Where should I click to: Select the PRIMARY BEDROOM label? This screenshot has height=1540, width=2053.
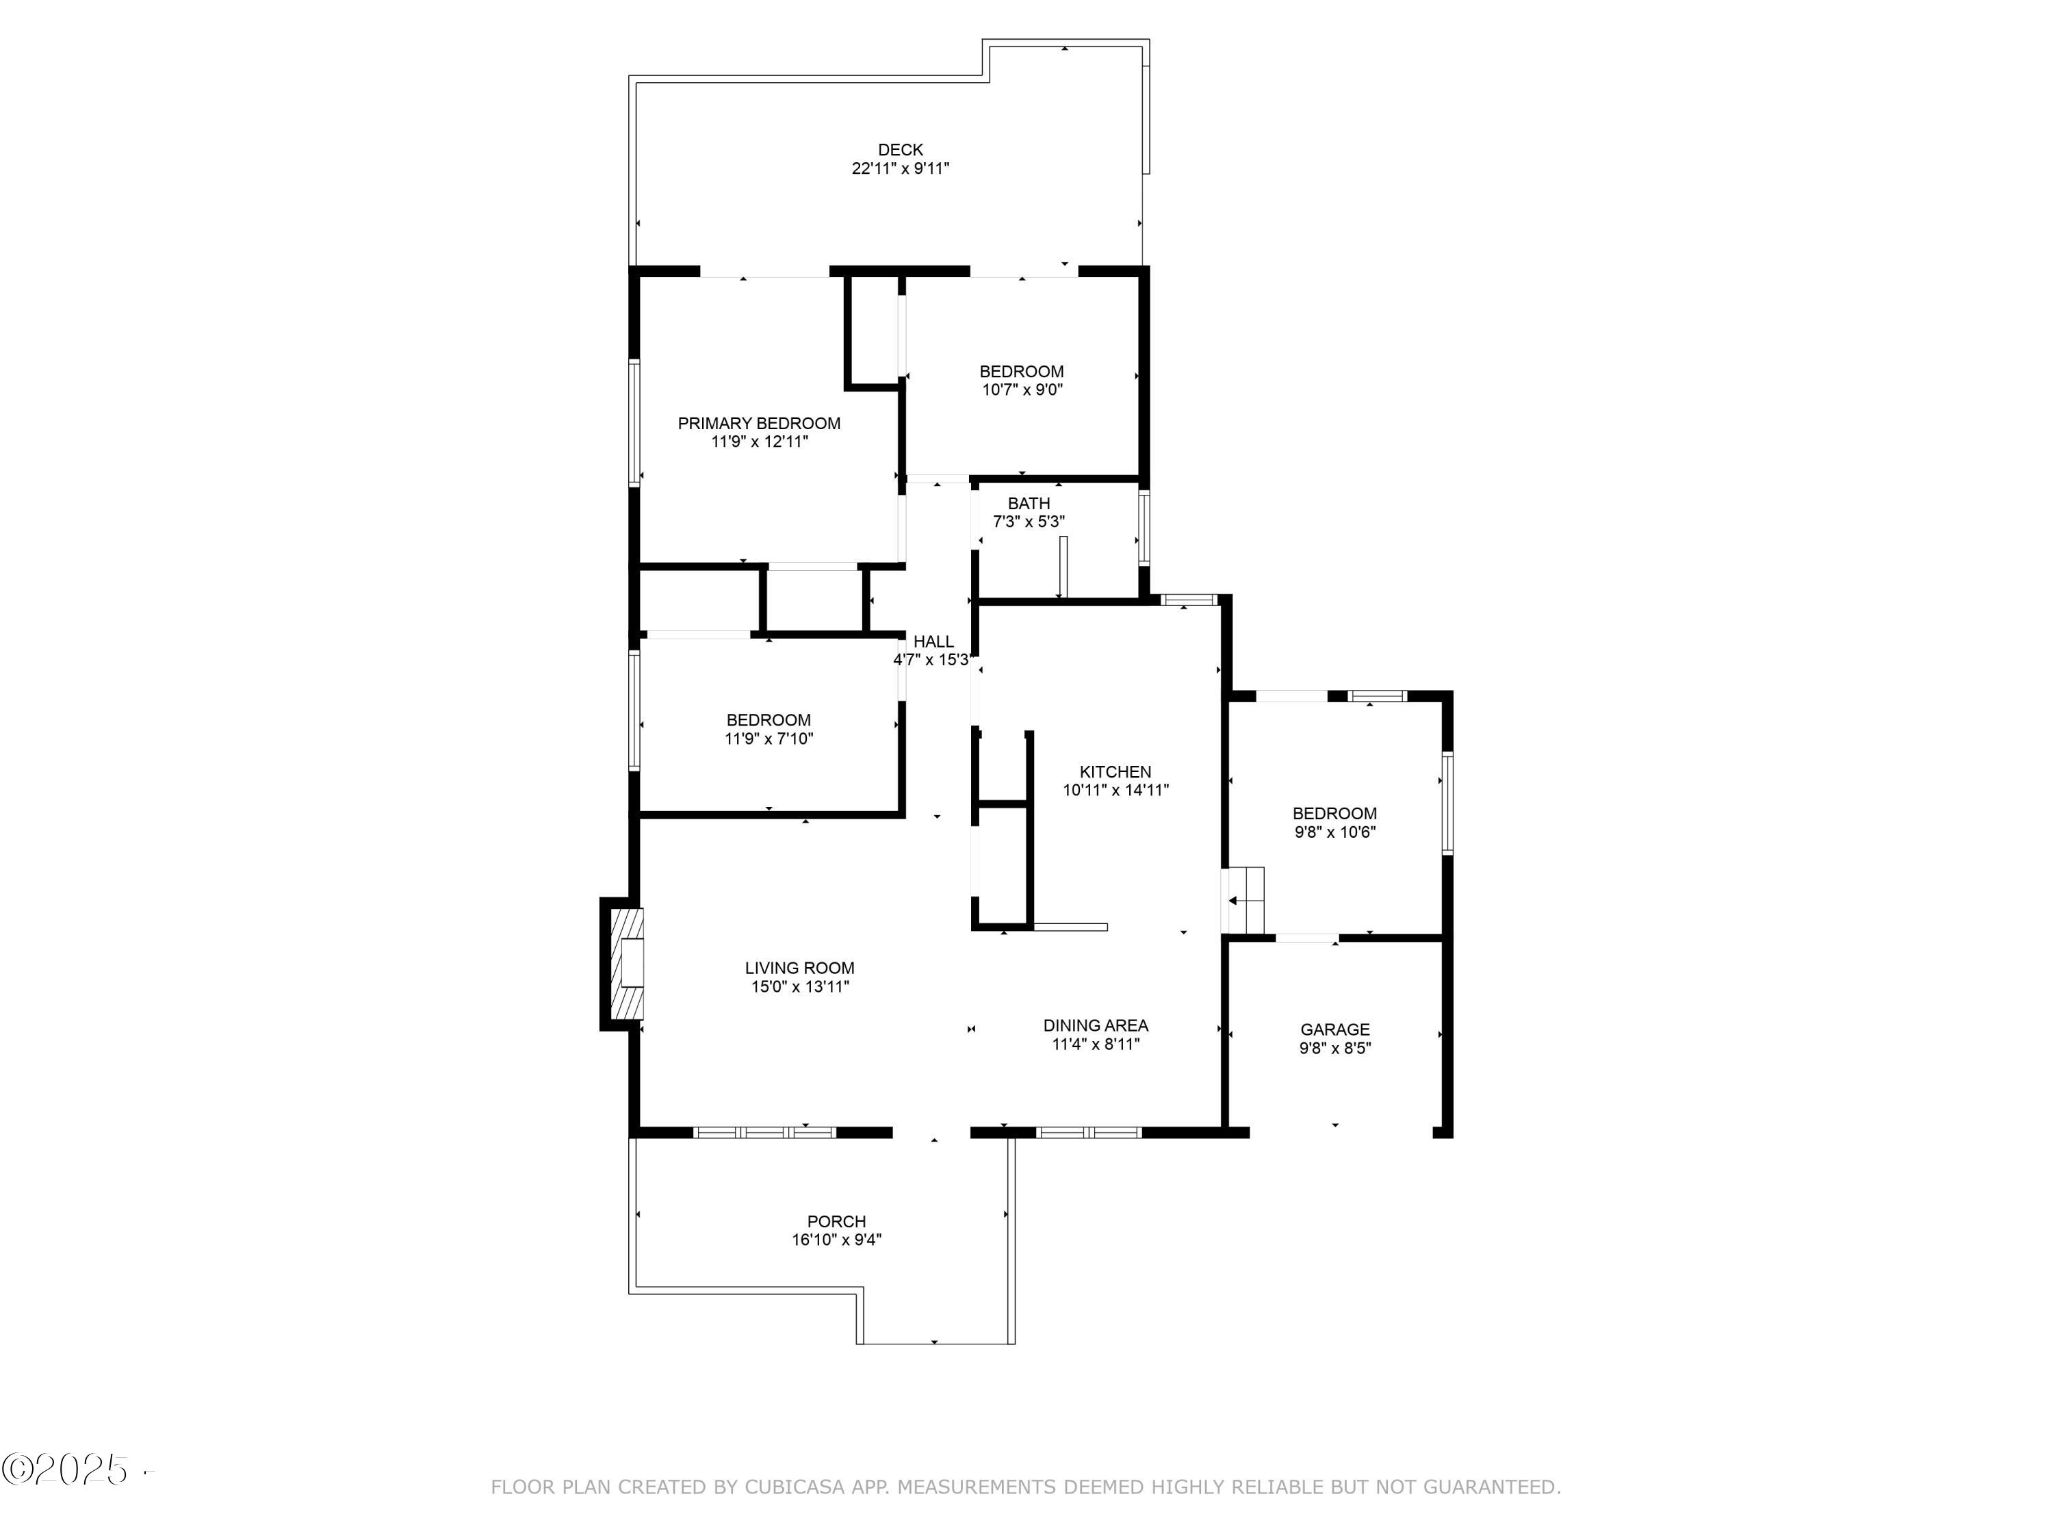(758, 423)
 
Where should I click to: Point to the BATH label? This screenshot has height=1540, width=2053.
(1029, 503)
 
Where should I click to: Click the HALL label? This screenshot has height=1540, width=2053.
(933, 641)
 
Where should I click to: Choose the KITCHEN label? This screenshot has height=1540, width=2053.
(1115, 771)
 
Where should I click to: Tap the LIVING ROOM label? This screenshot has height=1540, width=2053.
(799, 968)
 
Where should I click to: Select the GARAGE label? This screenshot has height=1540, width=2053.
(1334, 1029)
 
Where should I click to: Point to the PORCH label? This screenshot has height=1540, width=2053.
(836, 1222)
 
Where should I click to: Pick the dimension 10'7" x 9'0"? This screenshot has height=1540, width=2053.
(1021, 390)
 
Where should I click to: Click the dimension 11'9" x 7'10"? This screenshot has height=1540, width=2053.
(768, 739)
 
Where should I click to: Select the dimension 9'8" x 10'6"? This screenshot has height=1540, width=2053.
(1334, 832)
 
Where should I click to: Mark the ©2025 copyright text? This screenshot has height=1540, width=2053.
(67, 1470)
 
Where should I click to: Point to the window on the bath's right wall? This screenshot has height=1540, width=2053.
(1144, 528)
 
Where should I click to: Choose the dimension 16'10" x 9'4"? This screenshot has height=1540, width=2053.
(836, 1240)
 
